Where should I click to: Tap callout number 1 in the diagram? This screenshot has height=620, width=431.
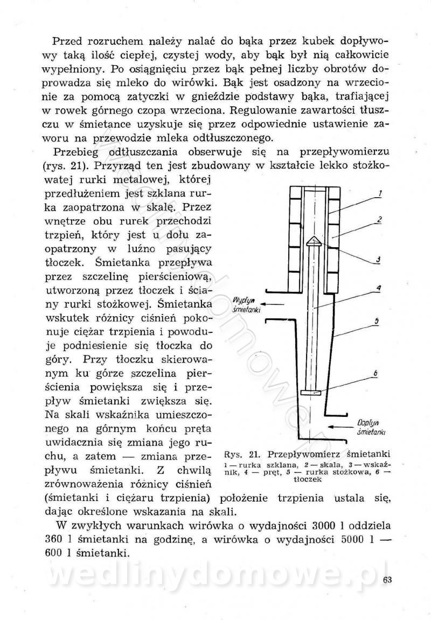pos(381,193)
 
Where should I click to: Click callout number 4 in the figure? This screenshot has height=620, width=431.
pos(379,288)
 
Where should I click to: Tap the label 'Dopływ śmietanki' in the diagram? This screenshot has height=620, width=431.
pos(371,427)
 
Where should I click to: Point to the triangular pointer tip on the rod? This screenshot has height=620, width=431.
pos(314,241)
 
